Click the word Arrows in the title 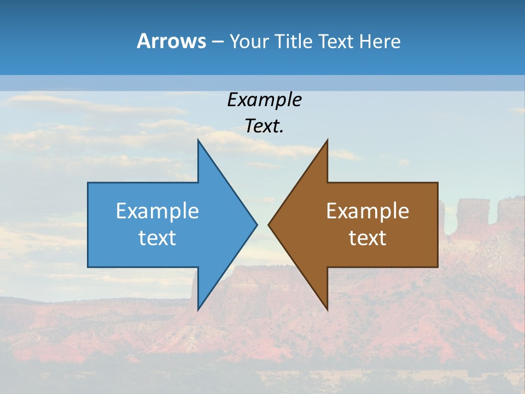tap(171, 41)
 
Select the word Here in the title tap(380, 42)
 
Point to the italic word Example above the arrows tap(265, 100)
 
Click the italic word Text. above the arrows tap(265, 126)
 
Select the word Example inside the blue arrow tap(157, 211)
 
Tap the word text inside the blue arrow tap(157, 238)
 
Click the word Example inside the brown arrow tap(367, 211)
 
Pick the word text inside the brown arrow tap(367, 238)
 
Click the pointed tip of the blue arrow tap(256, 224)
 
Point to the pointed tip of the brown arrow tap(269, 224)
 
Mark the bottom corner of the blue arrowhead tap(198, 310)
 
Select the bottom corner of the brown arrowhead tap(327, 310)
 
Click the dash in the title tap(217, 42)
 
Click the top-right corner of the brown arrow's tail tap(437, 183)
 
